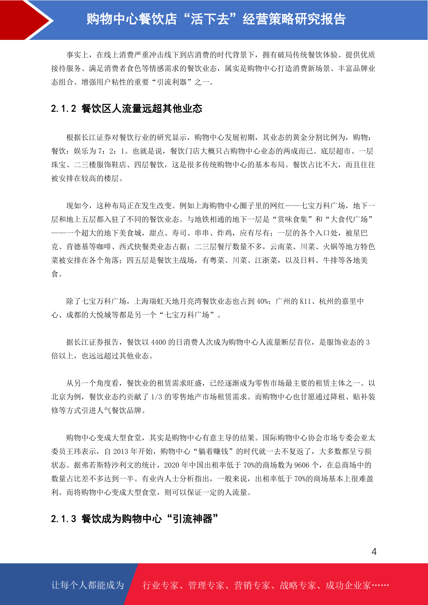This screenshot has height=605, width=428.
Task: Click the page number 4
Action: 374,551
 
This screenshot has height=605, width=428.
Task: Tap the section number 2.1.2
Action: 64,108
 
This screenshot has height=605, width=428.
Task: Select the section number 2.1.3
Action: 64,519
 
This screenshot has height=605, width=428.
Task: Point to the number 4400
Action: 158,342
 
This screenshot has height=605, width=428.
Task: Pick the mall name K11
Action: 305,301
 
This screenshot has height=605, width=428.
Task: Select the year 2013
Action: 120,451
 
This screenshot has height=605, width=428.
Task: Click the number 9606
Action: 302,465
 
